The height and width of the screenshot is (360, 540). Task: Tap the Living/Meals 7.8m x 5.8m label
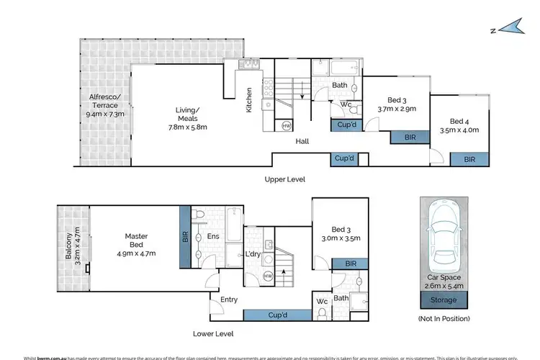[x=183, y=119]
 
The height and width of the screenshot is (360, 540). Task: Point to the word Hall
[x=302, y=142]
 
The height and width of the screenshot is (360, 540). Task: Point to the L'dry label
[x=252, y=254]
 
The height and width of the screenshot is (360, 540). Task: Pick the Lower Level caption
[x=214, y=334]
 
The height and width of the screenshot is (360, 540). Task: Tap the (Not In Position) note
[x=444, y=318]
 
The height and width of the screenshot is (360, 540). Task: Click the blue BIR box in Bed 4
[x=469, y=158]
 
